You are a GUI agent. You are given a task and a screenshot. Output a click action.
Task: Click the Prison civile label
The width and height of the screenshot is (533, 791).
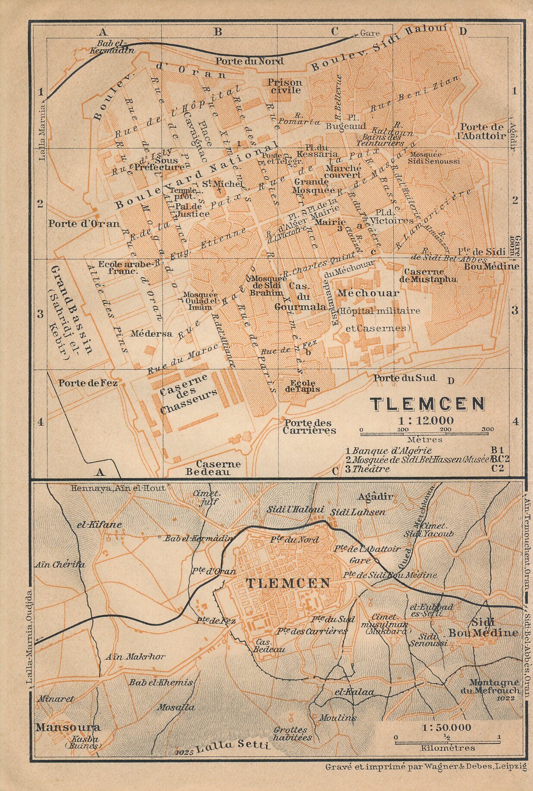[x=285, y=86]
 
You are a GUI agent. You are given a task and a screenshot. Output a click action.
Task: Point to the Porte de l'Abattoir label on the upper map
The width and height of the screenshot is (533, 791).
[x=482, y=131]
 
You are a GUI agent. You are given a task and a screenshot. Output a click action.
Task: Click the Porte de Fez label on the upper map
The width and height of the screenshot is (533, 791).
[x=88, y=383]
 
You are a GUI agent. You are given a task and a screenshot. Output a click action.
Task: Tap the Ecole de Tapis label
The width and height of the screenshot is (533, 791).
[x=303, y=386]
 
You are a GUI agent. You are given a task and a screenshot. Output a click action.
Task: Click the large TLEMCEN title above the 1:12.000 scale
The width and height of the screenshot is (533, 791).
[x=427, y=404]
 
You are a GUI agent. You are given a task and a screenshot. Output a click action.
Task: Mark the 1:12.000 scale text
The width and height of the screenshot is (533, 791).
[x=427, y=420]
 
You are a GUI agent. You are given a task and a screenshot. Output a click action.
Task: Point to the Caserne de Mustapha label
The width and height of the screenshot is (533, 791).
[x=430, y=275]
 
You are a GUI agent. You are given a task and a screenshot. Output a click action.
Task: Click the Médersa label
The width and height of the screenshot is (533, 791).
[x=145, y=333]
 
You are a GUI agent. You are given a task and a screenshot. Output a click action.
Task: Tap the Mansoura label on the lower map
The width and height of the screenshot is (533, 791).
[x=68, y=728]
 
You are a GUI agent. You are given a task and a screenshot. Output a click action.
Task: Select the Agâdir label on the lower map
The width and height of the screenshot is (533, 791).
[x=375, y=496]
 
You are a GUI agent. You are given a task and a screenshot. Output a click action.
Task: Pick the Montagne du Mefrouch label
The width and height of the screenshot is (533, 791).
[x=494, y=686]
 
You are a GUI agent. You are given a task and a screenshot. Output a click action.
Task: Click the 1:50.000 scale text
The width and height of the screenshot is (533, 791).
[x=447, y=727]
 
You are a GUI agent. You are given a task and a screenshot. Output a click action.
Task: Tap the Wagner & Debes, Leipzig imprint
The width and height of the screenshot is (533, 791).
[x=426, y=766]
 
